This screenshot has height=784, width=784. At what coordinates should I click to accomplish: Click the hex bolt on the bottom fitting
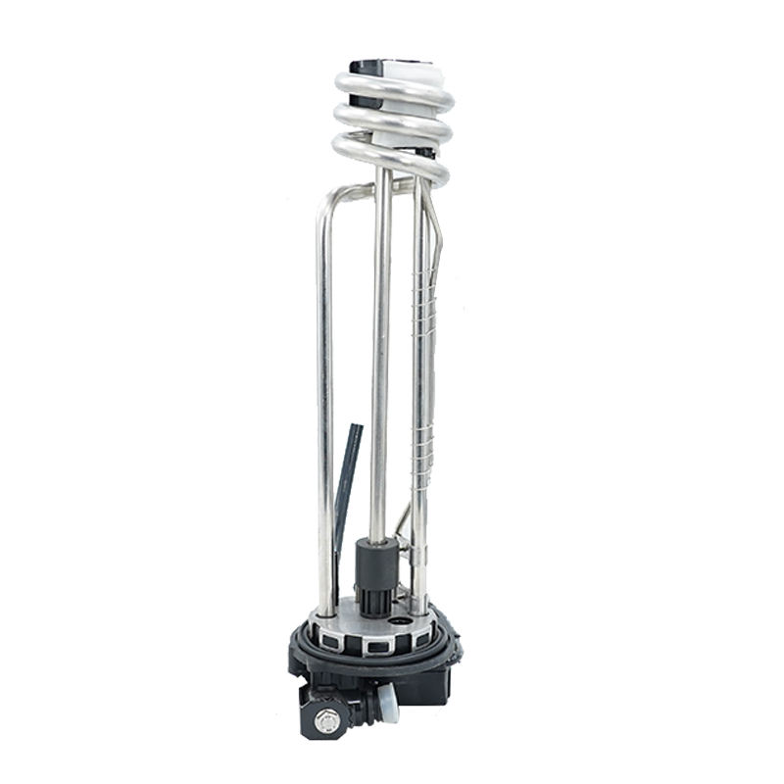point(327,723)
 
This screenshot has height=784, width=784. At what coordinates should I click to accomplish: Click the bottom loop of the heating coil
point(392,157)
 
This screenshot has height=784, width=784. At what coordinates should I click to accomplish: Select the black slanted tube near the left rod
point(347,480)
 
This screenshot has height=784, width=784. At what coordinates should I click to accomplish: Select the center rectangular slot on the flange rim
point(376,648)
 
